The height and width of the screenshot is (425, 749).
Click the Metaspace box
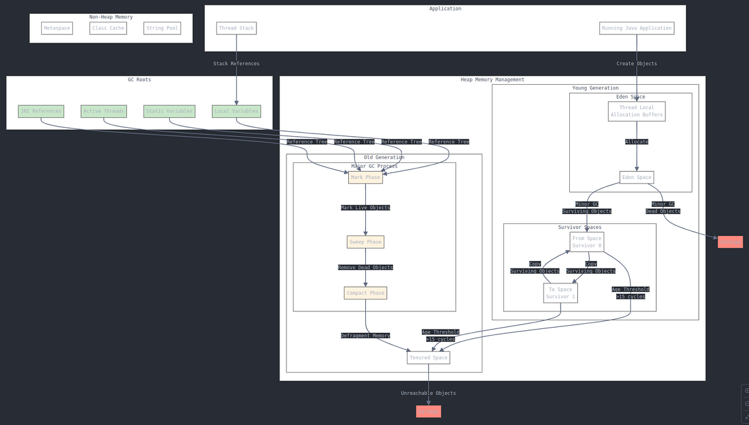pyautogui.click(x=57, y=28)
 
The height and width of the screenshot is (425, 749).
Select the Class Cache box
pyautogui.click(x=108, y=28)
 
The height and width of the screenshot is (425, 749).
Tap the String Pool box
pyautogui.click(x=162, y=28)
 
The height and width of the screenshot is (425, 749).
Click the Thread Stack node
pyautogui.click(x=236, y=28)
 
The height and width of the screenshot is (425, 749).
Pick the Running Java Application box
pyautogui.click(x=637, y=28)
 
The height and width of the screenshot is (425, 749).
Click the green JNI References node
pyautogui.click(x=41, y=111)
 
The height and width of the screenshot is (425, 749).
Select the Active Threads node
pyautogui.click(x=104, y=111)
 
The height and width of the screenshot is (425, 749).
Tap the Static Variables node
pyautogui.click(x=169, y=111)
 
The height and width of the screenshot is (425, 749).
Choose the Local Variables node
pyautogui.click(x=236, y=111)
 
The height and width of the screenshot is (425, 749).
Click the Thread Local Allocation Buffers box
pyautogui.click(x=637, y=111)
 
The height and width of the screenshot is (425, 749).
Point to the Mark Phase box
pyautogui.click(x=365, y=177)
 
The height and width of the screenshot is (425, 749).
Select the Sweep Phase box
pyautogui.click(x=365, y=242)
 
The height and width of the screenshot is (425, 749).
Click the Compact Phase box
pyautogui.click(x=365, y=293)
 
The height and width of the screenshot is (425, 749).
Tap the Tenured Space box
pyautogui.click(x=428, y=358)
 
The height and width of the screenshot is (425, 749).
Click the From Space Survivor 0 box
pyautogui.click(x=587, y=242)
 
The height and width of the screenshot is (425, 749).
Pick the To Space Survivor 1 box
pyautogui.click(x=560, y=293)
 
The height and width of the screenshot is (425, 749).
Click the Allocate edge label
pyautogui.click(x=637, y=142)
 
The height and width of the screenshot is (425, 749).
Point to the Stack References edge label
pyautogui.click(x=236, y=64)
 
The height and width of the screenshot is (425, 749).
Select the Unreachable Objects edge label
pyautogui.click(x=428, y=393)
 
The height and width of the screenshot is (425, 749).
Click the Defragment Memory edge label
pyautogui.click(x=365, y=336)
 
